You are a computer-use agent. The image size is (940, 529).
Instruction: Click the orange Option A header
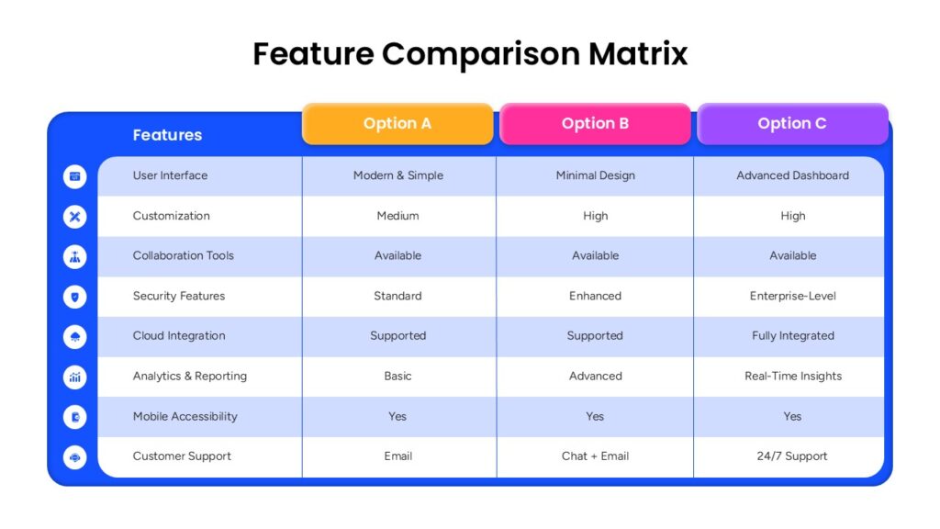tap(397, 124)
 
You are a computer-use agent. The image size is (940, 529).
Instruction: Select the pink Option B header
tap(595, 124)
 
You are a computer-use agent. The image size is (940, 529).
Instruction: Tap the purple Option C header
tap(792, 124)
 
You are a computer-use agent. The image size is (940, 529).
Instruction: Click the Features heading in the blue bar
tap(167, 135)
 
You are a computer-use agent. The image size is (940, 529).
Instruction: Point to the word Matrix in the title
tap(638, 53)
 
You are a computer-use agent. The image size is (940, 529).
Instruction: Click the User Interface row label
tap(170, 175)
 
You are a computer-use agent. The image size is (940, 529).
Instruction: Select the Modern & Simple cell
tap(398, 175)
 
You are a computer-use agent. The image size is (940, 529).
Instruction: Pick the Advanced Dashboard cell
tap(792, 175)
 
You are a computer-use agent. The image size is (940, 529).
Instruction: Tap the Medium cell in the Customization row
tap(398, 216)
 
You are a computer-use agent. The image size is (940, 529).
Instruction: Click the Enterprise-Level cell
tap(792, 296)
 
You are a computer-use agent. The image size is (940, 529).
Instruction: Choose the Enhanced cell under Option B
tap(595, 296)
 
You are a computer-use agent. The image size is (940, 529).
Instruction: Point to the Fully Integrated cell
tap(793, 336)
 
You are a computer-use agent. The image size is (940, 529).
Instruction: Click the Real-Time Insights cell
tap(793, 376)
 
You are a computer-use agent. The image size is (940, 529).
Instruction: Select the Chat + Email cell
tap(595, 456)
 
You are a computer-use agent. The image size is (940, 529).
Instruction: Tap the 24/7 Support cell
tap(792, 456)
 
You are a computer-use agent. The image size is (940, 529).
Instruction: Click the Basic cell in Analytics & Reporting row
tap(398, 376)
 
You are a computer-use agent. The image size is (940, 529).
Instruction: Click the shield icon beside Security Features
tap(75, 297)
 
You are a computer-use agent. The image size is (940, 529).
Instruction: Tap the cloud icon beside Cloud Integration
tap(75, 337)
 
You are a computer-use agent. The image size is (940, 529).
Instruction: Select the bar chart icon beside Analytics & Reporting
tap(75, 377)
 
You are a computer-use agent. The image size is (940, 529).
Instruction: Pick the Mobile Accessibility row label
tap(185, 416)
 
